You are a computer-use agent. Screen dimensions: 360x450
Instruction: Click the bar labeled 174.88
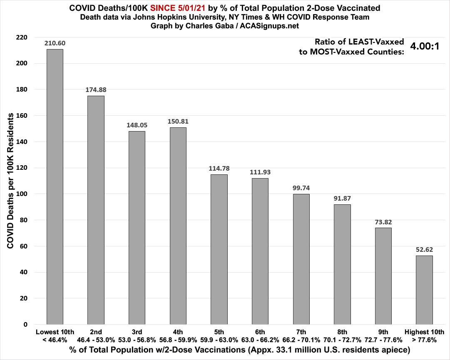(96, 210)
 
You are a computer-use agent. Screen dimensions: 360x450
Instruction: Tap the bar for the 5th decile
(219, 249)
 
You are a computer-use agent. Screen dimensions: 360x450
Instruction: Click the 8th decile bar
(342, 264)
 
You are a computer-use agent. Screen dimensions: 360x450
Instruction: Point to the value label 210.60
(55, 43)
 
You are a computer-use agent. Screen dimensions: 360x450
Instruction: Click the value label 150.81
(178, 121)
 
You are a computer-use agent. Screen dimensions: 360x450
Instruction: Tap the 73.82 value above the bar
(383, 222)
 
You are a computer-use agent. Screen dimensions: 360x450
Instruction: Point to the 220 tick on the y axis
(22, 37)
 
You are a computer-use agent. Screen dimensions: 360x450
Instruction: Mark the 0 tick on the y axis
(25, 325)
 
